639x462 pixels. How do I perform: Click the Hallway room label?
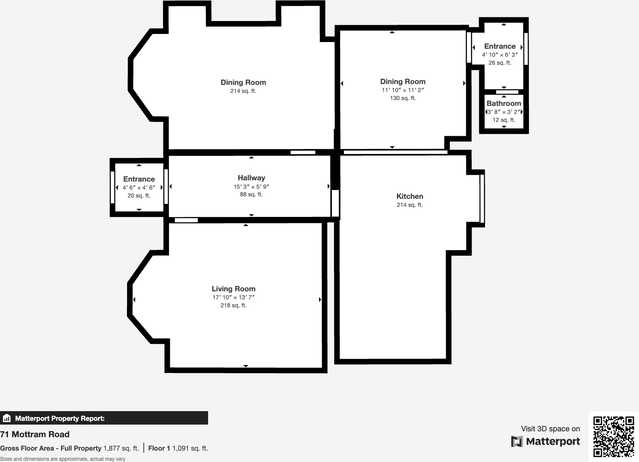251,178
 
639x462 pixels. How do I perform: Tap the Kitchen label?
409,196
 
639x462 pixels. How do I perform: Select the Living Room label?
233,289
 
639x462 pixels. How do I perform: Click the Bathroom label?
504,103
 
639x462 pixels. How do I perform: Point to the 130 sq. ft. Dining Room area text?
403,98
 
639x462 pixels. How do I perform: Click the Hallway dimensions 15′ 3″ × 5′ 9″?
251,187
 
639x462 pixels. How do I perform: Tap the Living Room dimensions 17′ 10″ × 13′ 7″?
233,297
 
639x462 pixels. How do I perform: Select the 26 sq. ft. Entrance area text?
499,63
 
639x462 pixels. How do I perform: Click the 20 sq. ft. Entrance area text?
139,195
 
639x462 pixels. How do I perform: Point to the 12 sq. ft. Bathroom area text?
504,120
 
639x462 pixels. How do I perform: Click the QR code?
613,436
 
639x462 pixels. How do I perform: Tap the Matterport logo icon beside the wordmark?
517,441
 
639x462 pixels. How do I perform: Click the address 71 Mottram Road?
35,434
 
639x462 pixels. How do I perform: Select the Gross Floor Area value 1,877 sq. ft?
121,448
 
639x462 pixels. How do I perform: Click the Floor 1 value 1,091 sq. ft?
190,448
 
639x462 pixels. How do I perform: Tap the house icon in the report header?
7,418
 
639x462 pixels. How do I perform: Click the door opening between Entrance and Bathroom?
507,92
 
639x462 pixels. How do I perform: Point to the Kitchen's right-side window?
482,198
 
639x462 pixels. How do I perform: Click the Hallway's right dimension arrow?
328,186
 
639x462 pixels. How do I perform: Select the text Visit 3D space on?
550,429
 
